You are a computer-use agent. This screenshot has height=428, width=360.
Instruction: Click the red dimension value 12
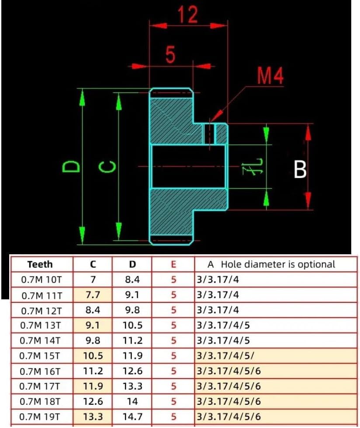pyautogui.click(x=188, y=15)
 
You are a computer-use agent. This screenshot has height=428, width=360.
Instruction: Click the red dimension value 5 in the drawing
pyautogui.click(x=170, y=56)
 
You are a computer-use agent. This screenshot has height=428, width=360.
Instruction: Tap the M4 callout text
pyautogui.click(x=269, y=76)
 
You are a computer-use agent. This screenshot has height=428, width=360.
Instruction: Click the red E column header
pyautogui.click(x=174, y=264)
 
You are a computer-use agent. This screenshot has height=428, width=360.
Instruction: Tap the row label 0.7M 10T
pyautogui.click(x=42, y=280)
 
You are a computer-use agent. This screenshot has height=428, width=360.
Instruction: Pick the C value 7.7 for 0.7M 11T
pyautogui.click(x=93, y=295)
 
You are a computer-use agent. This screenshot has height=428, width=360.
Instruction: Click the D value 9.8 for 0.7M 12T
pyautogui.click(x=132, y=310)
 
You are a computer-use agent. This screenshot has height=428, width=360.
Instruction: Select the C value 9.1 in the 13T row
pyautogui.click(x=93, y=326)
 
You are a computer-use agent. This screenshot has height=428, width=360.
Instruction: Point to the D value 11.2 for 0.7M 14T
pyautogui.click(x=132, y=341)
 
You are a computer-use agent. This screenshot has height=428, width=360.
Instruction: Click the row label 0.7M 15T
pyautogui.click(x=42, y=356)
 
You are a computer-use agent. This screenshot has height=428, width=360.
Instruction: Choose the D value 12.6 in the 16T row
pyautogui.click(x=132, y=372)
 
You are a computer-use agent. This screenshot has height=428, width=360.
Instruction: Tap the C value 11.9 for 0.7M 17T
pyautogui.click(x=93, y=386)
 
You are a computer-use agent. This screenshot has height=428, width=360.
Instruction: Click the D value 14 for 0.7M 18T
pyautogui.click(x=132, y=401)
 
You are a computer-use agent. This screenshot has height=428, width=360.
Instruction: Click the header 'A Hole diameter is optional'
pyautogui.click(x=271, y=264)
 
